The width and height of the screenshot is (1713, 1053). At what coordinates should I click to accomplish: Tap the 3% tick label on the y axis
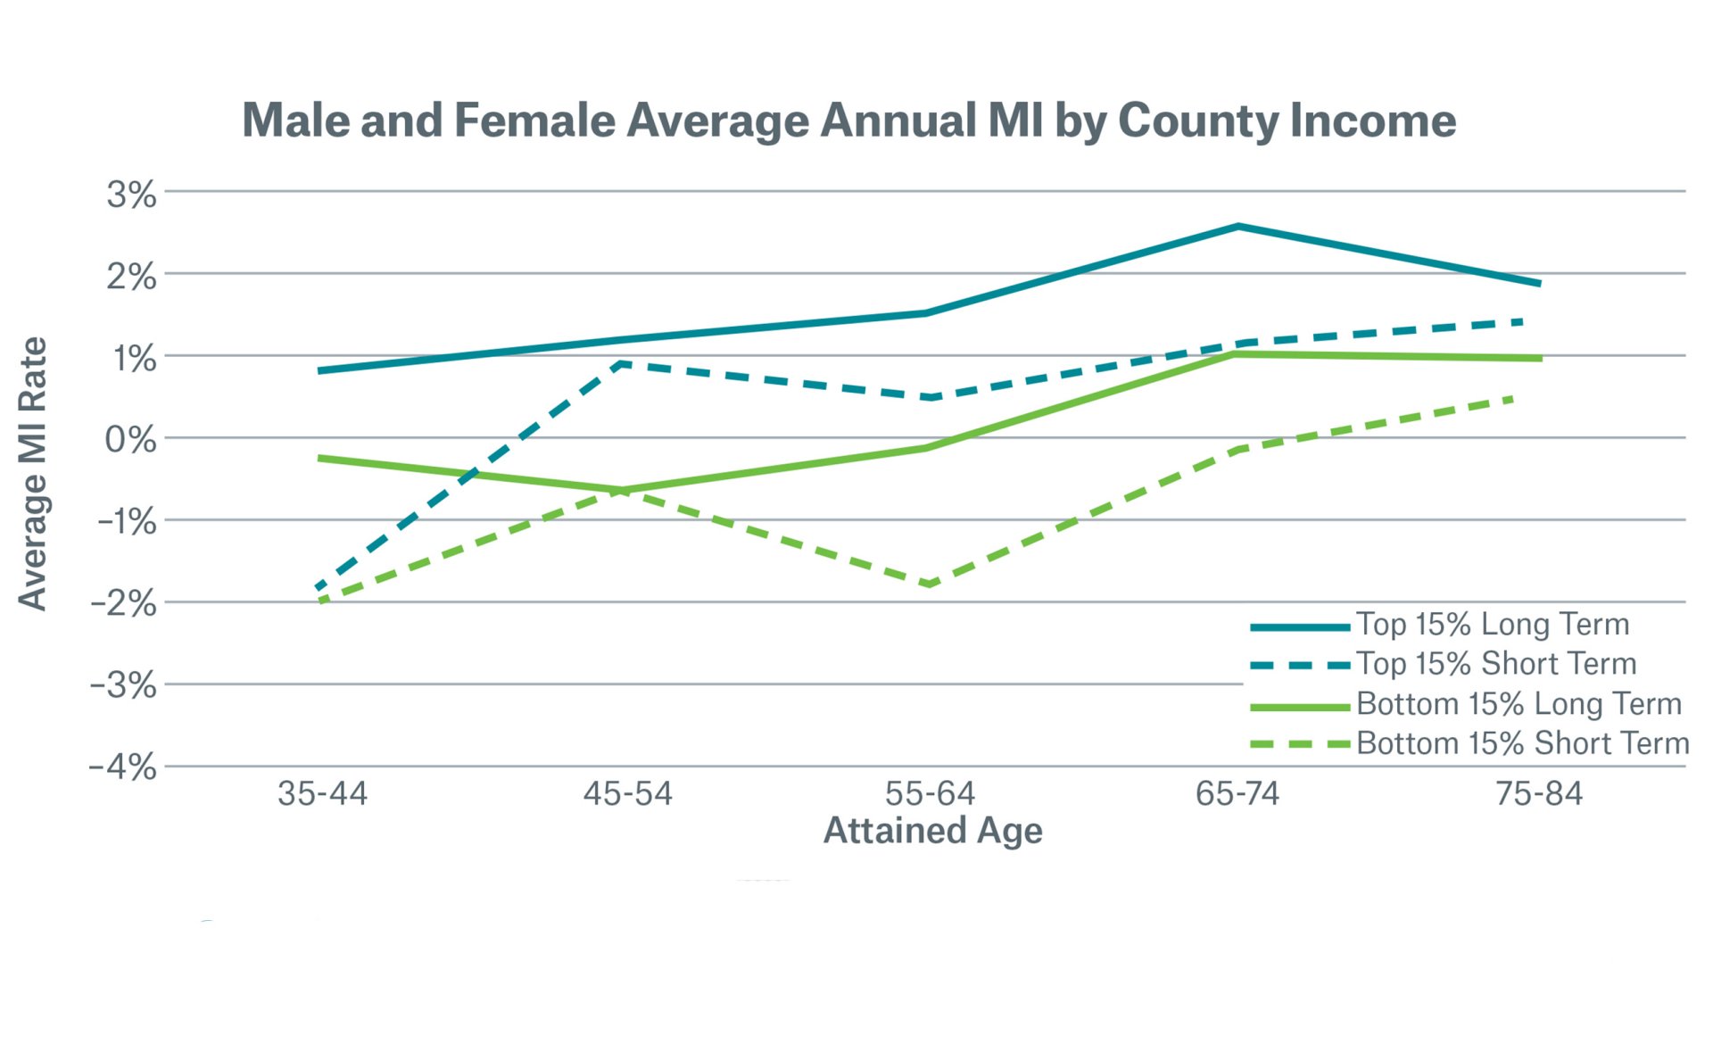(131, 195)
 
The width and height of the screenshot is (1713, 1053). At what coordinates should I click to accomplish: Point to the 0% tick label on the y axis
(130, 440)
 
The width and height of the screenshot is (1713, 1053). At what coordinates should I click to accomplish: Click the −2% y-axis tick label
(123, 604)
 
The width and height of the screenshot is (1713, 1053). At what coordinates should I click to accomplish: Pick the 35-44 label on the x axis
(322, 793)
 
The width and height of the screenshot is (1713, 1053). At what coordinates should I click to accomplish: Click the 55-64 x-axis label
(930, 793)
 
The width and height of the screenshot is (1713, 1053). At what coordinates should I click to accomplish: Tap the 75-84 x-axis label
(1538, 793)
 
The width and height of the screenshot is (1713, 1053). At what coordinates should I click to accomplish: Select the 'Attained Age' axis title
(932, 831)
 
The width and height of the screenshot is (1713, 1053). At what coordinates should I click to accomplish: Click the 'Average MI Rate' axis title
(33, 473)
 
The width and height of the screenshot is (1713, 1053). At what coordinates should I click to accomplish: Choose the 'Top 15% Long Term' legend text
(1492, 625)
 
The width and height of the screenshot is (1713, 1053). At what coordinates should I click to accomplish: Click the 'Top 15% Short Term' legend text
(1496, 664)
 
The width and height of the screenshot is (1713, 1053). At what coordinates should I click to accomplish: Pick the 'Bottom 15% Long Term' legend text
(1519, 704)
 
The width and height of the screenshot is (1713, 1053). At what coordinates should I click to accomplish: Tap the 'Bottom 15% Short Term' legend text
(1522, 743)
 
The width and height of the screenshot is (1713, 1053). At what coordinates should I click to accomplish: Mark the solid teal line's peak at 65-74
(1238, 227)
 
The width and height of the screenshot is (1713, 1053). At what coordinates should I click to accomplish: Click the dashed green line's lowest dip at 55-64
(930, 585)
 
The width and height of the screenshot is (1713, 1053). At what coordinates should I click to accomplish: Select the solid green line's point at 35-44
(321, 459)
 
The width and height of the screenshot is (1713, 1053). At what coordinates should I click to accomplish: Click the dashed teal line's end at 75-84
(1520, 321)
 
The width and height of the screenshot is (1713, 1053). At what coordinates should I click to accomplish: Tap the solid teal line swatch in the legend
(1299, 627)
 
